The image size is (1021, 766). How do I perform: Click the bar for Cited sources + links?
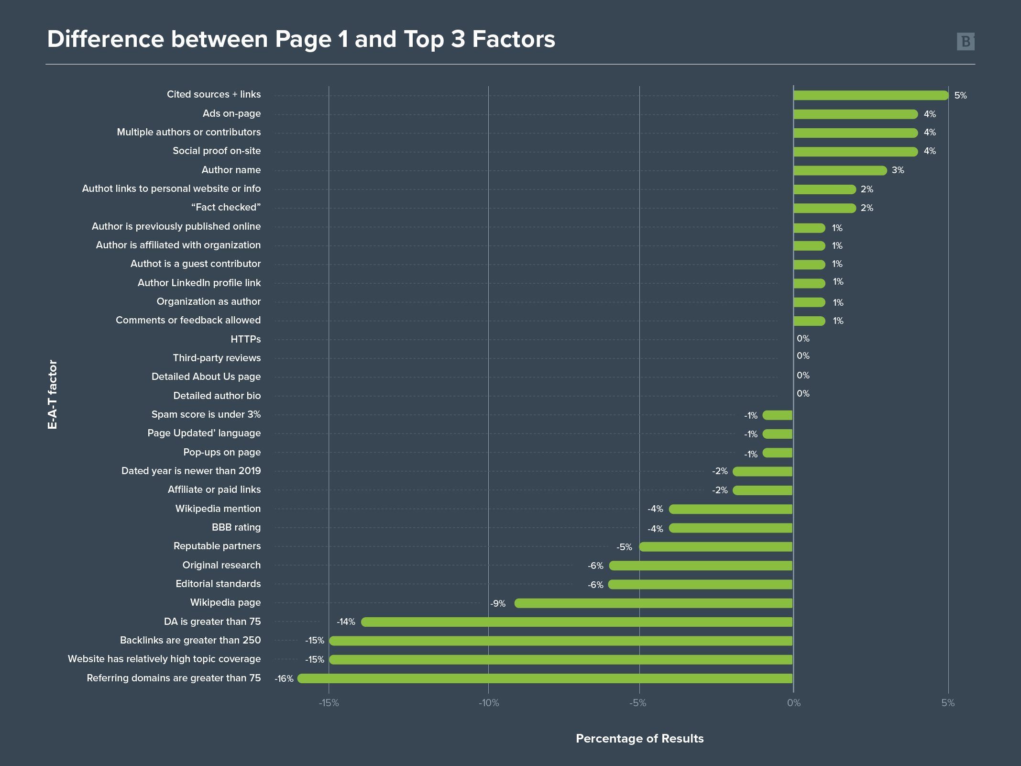(x=870, y=95)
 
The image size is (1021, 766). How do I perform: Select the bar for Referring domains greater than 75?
(x=545, y=678)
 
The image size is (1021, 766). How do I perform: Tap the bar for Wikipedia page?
(x=653, y=603)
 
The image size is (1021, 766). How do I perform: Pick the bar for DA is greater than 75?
(x=577, y=622)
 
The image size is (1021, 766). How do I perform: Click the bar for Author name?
(x=840, y=170)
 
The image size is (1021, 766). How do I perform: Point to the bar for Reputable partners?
(x=716, y=546)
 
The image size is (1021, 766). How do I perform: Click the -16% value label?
(x=284, y=678)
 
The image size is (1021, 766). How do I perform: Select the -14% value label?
(x=346, y=622)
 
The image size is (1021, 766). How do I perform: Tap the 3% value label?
(x=898, y=170)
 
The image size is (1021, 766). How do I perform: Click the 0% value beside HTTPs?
(x=803, y=339)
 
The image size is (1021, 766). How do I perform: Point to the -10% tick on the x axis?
(x=489, y=703)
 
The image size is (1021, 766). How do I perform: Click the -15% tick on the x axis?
(x=329, y=703)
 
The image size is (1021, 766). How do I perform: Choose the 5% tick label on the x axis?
(x=948, y=703)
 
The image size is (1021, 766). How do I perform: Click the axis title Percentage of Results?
(x=639, y=738)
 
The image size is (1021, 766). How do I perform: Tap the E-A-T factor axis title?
(x=53, y=394)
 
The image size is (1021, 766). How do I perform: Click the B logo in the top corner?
(x=966, y=42)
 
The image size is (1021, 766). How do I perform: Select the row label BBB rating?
(x=236, y=527)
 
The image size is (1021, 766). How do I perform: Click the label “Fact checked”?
(x=226, y=207)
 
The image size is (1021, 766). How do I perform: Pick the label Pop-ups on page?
(x=222, y=452)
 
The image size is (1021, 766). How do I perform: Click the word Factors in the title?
(x=514, y=39)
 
